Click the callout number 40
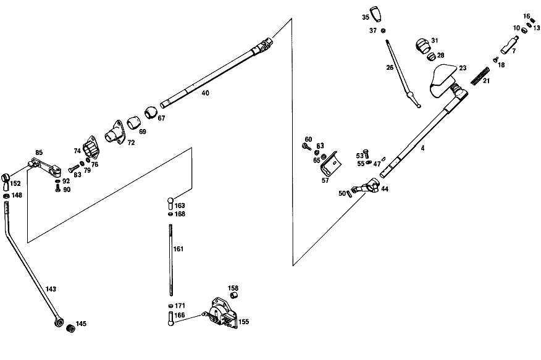pos(205,93)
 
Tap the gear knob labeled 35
pos(375,14)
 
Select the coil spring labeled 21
pos(480,76)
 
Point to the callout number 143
pos(51,289)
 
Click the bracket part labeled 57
pos(330,163)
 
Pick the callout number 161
pos(178,249)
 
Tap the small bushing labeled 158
pos(233,295)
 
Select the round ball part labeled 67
pos(151,112)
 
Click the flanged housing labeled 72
pos(114,133)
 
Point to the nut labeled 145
pos(71,329)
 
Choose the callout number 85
pos(39,153)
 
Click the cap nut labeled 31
pos(422,45)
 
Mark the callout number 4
pos(422,148)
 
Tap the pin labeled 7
pos(510,45)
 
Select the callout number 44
pos(385,189)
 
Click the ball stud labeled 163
pos(171,203)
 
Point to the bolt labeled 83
pos(73,169)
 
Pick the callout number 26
pos(390,67)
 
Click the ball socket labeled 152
pos(6,182)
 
